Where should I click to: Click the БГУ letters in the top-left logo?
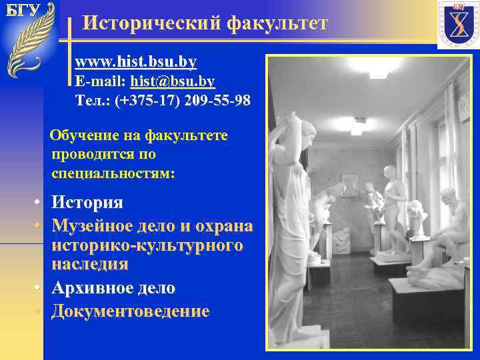pos(23,10)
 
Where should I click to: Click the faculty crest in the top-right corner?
pos(457,25)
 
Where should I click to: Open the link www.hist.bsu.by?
pos(135,62)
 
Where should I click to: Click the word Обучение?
pos(84,136)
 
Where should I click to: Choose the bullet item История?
pos(87,202)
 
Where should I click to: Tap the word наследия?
pos(90,264)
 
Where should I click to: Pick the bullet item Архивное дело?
pos(113,288)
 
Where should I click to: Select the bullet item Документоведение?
pos(131,311)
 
